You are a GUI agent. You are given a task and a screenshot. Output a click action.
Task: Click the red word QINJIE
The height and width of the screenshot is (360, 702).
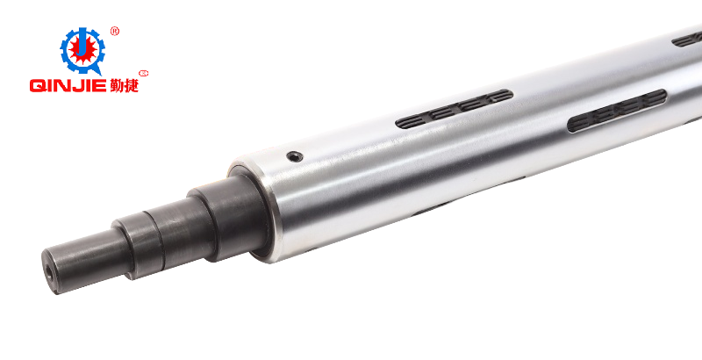pyautogui.click(x=68, y=85)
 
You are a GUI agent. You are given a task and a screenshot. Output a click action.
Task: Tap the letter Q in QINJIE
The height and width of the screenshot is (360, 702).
pyautogui.click(x=37, y=85)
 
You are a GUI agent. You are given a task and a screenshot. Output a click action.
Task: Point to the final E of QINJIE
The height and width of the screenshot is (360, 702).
pyautogui.click(x=100, y=85)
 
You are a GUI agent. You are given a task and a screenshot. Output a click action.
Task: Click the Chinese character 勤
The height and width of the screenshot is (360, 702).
pyautogui.click(x=117, y=84)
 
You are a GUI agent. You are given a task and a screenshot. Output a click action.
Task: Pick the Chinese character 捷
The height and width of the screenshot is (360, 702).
pyautogui.click(x=132, y=84)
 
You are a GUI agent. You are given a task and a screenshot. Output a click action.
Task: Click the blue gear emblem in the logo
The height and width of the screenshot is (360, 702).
pyautogui.click(x=82, y=50)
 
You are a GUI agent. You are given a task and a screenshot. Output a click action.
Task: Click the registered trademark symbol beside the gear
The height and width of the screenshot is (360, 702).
pyautogui.click(x=115, y=32)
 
